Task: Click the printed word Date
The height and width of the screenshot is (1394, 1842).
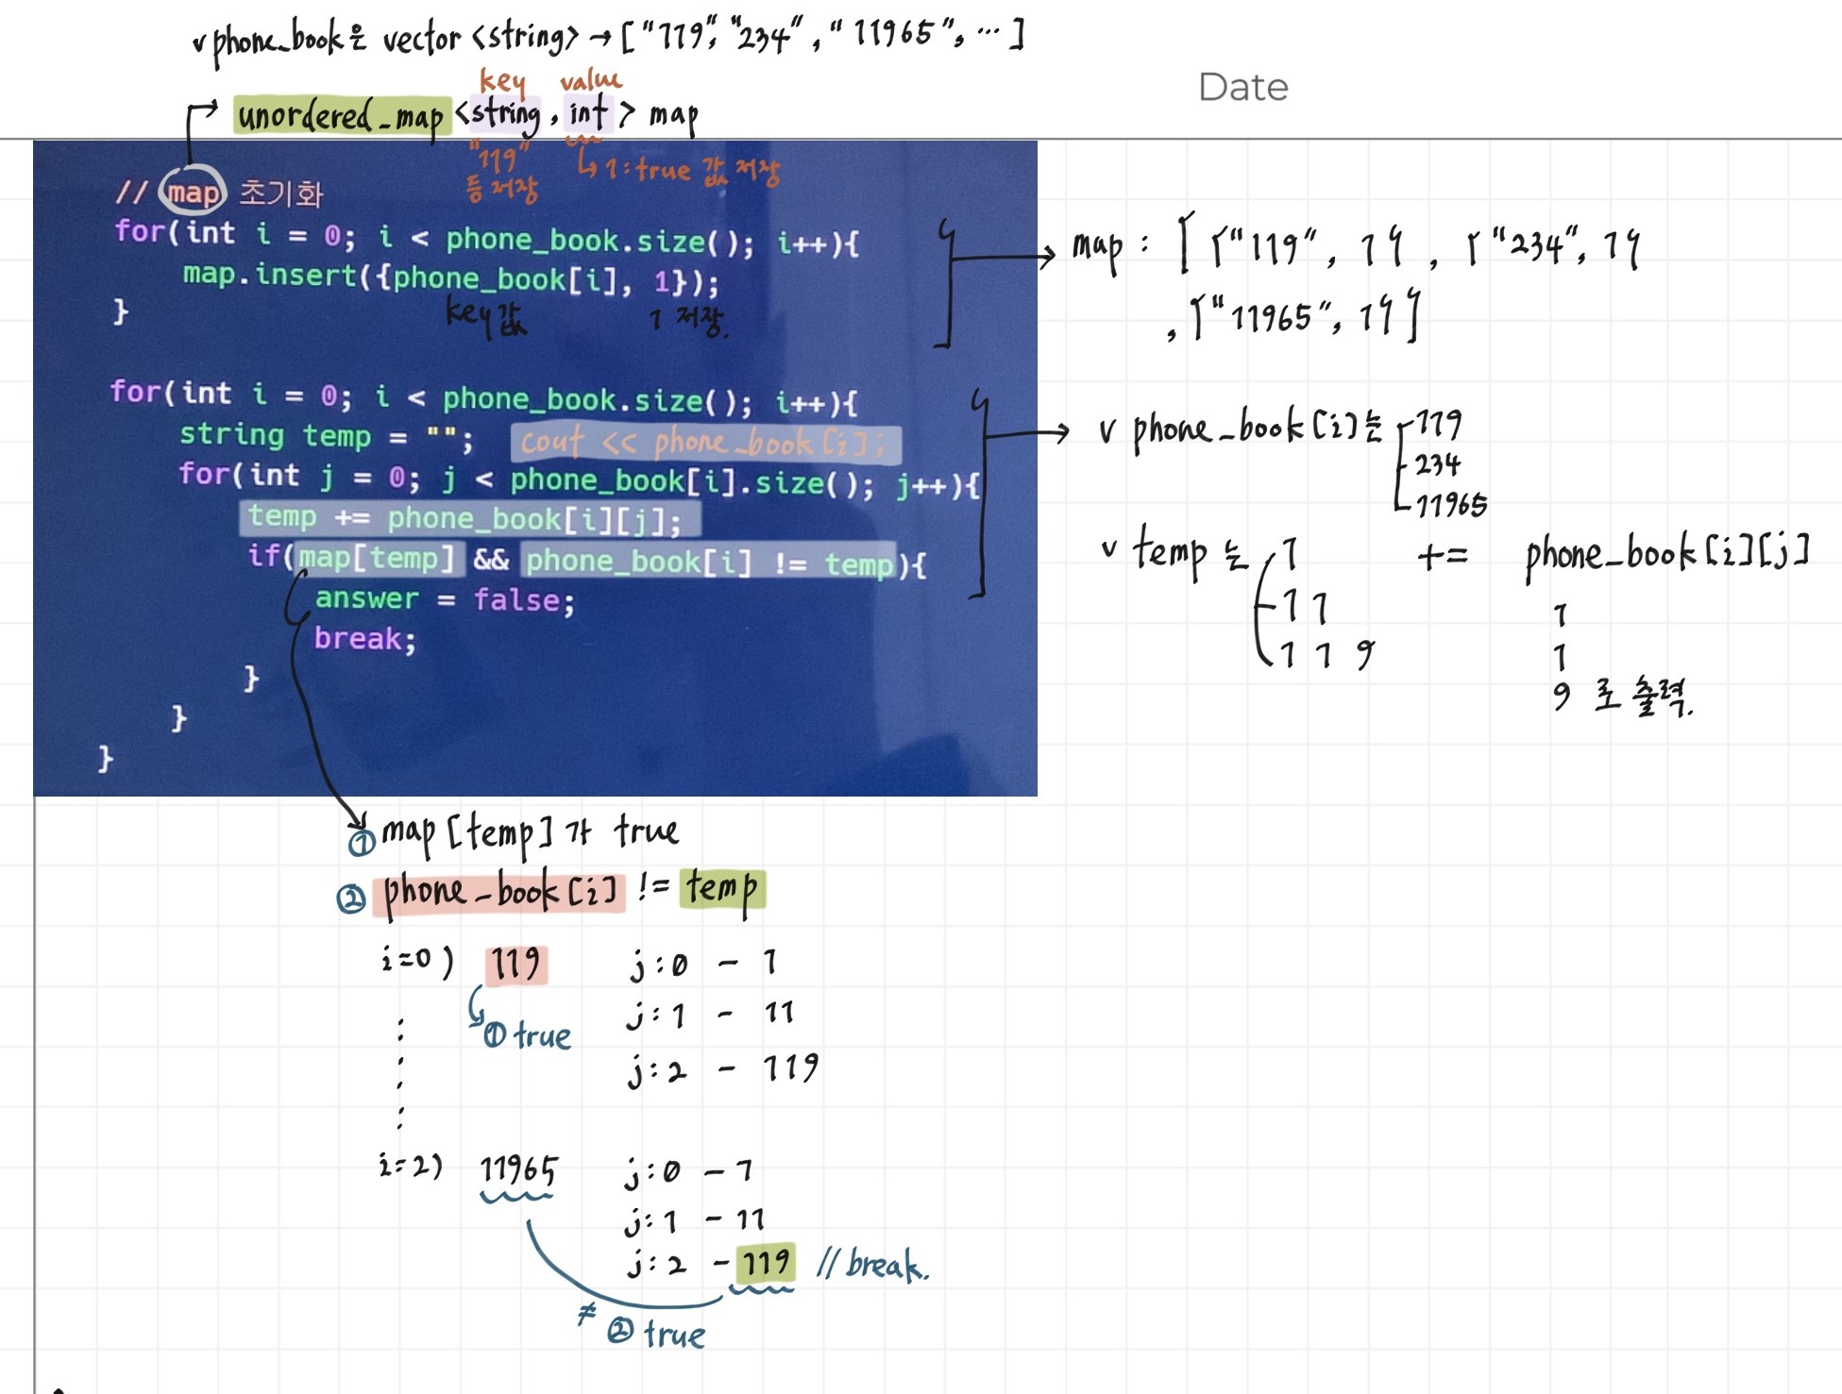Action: click(x=1242, y=87)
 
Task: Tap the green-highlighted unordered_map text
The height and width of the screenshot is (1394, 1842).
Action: click(x=341, y=115)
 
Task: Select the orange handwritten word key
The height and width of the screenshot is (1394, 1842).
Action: click(x=502, y=80)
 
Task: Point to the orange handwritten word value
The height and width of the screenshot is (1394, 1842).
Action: click(x=590, y=80)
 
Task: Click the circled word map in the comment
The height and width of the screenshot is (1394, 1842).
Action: click(x=193, y=193)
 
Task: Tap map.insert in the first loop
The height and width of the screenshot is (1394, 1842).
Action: click(x=269, y=276)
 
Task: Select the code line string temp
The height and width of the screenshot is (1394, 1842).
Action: click(x=326, y=436)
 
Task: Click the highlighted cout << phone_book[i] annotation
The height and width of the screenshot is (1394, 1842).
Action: click(x=704, y=442)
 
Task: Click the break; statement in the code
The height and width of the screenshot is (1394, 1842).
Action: click(x=364, y=639)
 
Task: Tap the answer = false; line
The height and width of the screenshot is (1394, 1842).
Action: click(x=444, y=599)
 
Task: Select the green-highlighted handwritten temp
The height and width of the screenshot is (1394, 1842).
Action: click(x=722, y=888)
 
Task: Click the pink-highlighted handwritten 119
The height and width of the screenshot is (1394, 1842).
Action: click(x=516, y=965)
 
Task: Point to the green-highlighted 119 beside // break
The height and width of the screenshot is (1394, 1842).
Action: click(x=765, y=1262)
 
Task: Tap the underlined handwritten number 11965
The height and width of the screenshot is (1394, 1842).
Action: click(x=518, y=1170)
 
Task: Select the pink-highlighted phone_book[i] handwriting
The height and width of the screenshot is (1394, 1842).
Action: click(x=499, y=891)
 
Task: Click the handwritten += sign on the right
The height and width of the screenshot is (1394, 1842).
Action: click(x=1442, y=556)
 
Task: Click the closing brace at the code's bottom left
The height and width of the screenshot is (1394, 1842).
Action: click(x=105, y=758)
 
